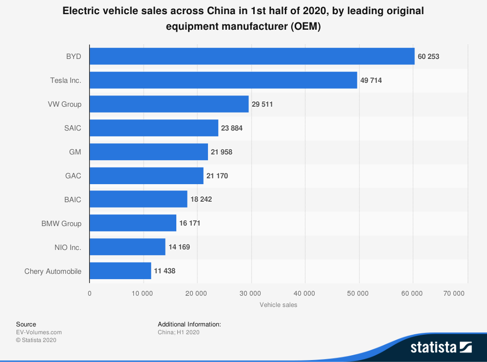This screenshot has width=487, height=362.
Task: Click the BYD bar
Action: pos(252,56)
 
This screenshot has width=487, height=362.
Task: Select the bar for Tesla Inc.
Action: pos(223,80)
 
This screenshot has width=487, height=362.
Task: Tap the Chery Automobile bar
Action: pos(120,271)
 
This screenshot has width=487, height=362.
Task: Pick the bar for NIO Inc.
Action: pos(128,247)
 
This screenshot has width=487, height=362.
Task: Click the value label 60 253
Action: pos(429,57)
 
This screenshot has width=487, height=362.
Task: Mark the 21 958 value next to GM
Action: pos(222,152)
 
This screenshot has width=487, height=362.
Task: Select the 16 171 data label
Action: pos(190,223)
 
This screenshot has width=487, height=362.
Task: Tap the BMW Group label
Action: pos(61,224)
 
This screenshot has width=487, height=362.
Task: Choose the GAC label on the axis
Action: pos(73,176)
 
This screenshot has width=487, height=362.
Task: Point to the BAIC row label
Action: pos(72,200)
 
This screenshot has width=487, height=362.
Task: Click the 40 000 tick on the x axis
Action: pos(305,293)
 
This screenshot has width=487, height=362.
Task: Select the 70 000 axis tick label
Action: pos(454,293)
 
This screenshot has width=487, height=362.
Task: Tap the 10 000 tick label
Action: pos(143,293)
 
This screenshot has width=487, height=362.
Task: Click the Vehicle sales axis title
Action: pos(278,305)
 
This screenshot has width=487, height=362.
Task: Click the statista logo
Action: pos(441,347)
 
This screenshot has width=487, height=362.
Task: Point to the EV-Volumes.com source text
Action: pos(39,332)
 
